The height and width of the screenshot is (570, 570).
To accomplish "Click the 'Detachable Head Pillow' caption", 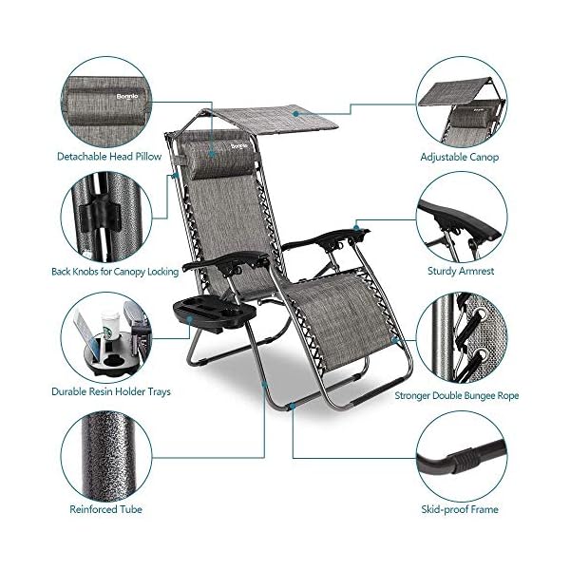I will (107, 156).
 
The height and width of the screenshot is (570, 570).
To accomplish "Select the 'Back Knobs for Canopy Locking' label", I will (115, 272).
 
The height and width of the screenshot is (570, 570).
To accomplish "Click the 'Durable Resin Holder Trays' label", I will (109, 390).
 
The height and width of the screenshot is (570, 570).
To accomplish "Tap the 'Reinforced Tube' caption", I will (107, 510).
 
